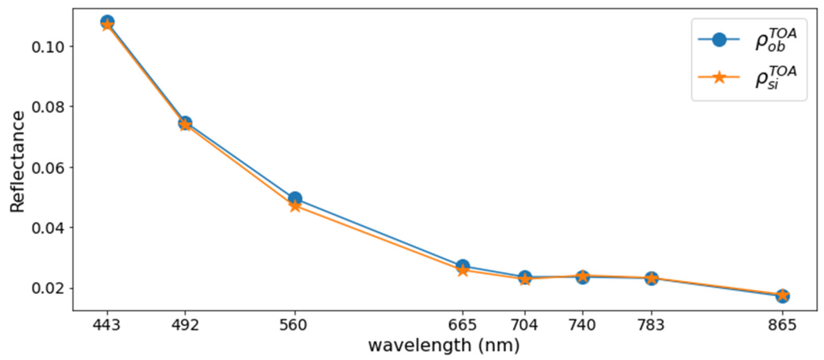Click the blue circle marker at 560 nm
(x=295, y=198)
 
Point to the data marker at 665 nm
(x=462, y=267)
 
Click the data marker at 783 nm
(x=652, y=278)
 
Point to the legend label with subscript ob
(x=775, y=40)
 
